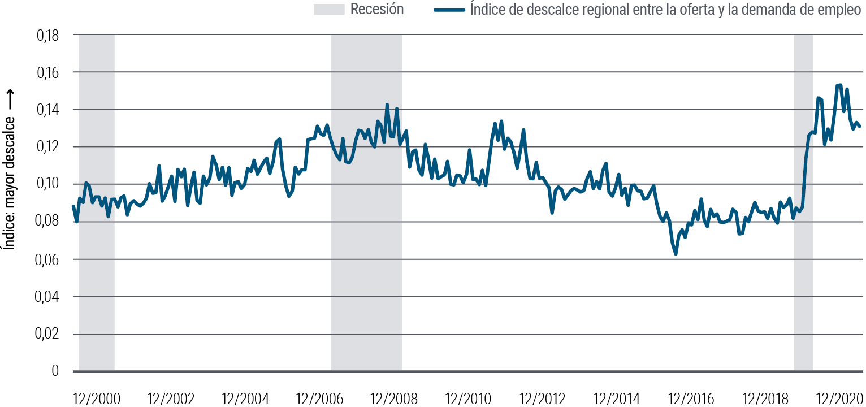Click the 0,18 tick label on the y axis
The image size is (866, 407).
tap(47, 36)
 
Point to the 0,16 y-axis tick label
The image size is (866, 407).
tap(47, 73)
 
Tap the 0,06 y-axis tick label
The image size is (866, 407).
tap(47, 259)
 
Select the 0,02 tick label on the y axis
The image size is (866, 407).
tap(47, 334)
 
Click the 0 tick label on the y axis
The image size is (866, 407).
tap(55, 371)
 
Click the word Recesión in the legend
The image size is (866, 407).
tap(377, 10)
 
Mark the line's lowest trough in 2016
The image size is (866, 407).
tap(676, 254)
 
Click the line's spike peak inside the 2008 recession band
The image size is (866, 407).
tap(387, 105)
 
